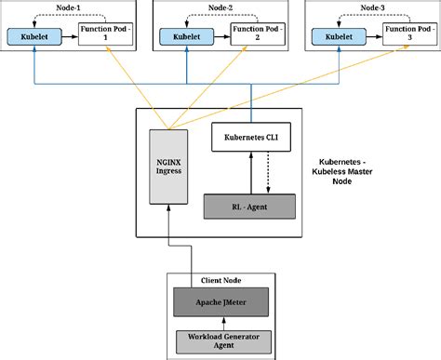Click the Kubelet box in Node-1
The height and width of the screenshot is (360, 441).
pyautogui.click(x=33, y=37)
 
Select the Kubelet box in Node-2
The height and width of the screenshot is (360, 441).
pyautogui.click(x=184, y=37)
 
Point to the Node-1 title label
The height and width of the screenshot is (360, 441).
pyautogui.click(x=67, y=7)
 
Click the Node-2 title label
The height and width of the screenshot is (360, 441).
pyautogui.click(x=220, y=7)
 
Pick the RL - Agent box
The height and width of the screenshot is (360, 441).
pyautogui.click(x=248, y=206)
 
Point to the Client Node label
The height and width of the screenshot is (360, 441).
pyautogui.click(x=221, y=280)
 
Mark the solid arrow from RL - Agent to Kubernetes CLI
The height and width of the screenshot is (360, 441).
pyautogui.click(x=246, y=172)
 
